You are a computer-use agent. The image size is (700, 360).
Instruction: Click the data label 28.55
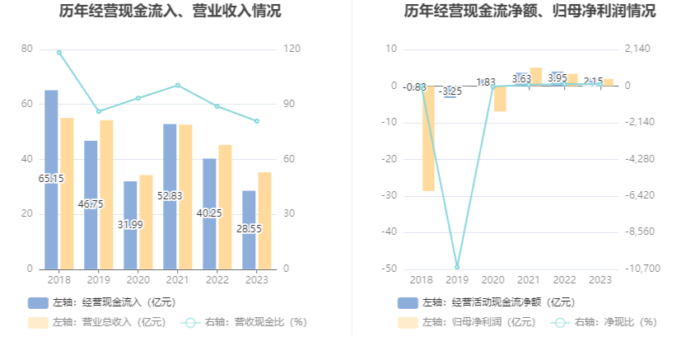[250, 228]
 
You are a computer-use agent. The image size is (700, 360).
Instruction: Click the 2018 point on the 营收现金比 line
[59, 52]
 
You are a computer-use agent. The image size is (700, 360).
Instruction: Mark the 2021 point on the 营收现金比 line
[178, 85]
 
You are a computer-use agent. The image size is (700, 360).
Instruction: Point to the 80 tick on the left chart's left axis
[27, 49]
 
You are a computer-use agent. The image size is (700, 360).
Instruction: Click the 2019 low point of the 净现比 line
[457, 267]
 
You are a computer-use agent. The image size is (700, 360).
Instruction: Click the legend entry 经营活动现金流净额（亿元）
[487, 302]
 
